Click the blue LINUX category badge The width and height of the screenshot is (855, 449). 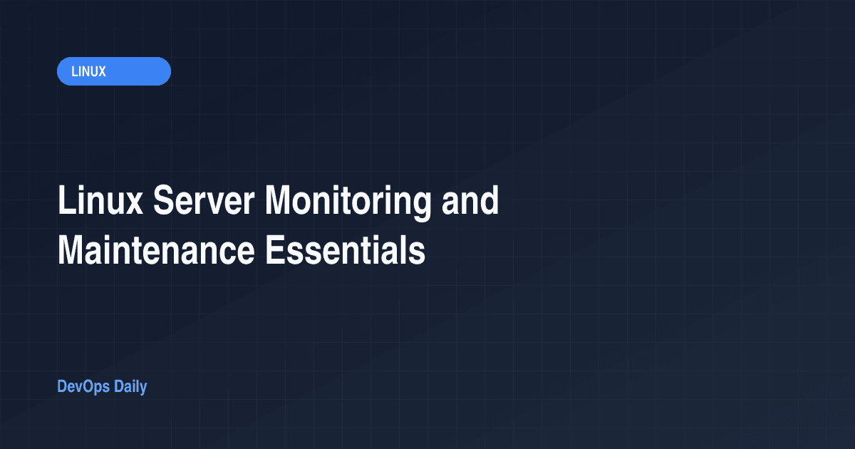pos(114,71)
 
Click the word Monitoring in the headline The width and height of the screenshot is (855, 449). pos(348,202)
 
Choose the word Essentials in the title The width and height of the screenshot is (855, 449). pos(345,250)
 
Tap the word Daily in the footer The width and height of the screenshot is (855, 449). pos(130,387)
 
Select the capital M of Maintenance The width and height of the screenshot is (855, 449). pos(72,250)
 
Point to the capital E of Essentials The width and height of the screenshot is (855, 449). pos(274,250)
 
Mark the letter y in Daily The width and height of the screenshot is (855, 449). pos(142,389)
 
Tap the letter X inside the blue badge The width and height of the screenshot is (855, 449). pos(102,71)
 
